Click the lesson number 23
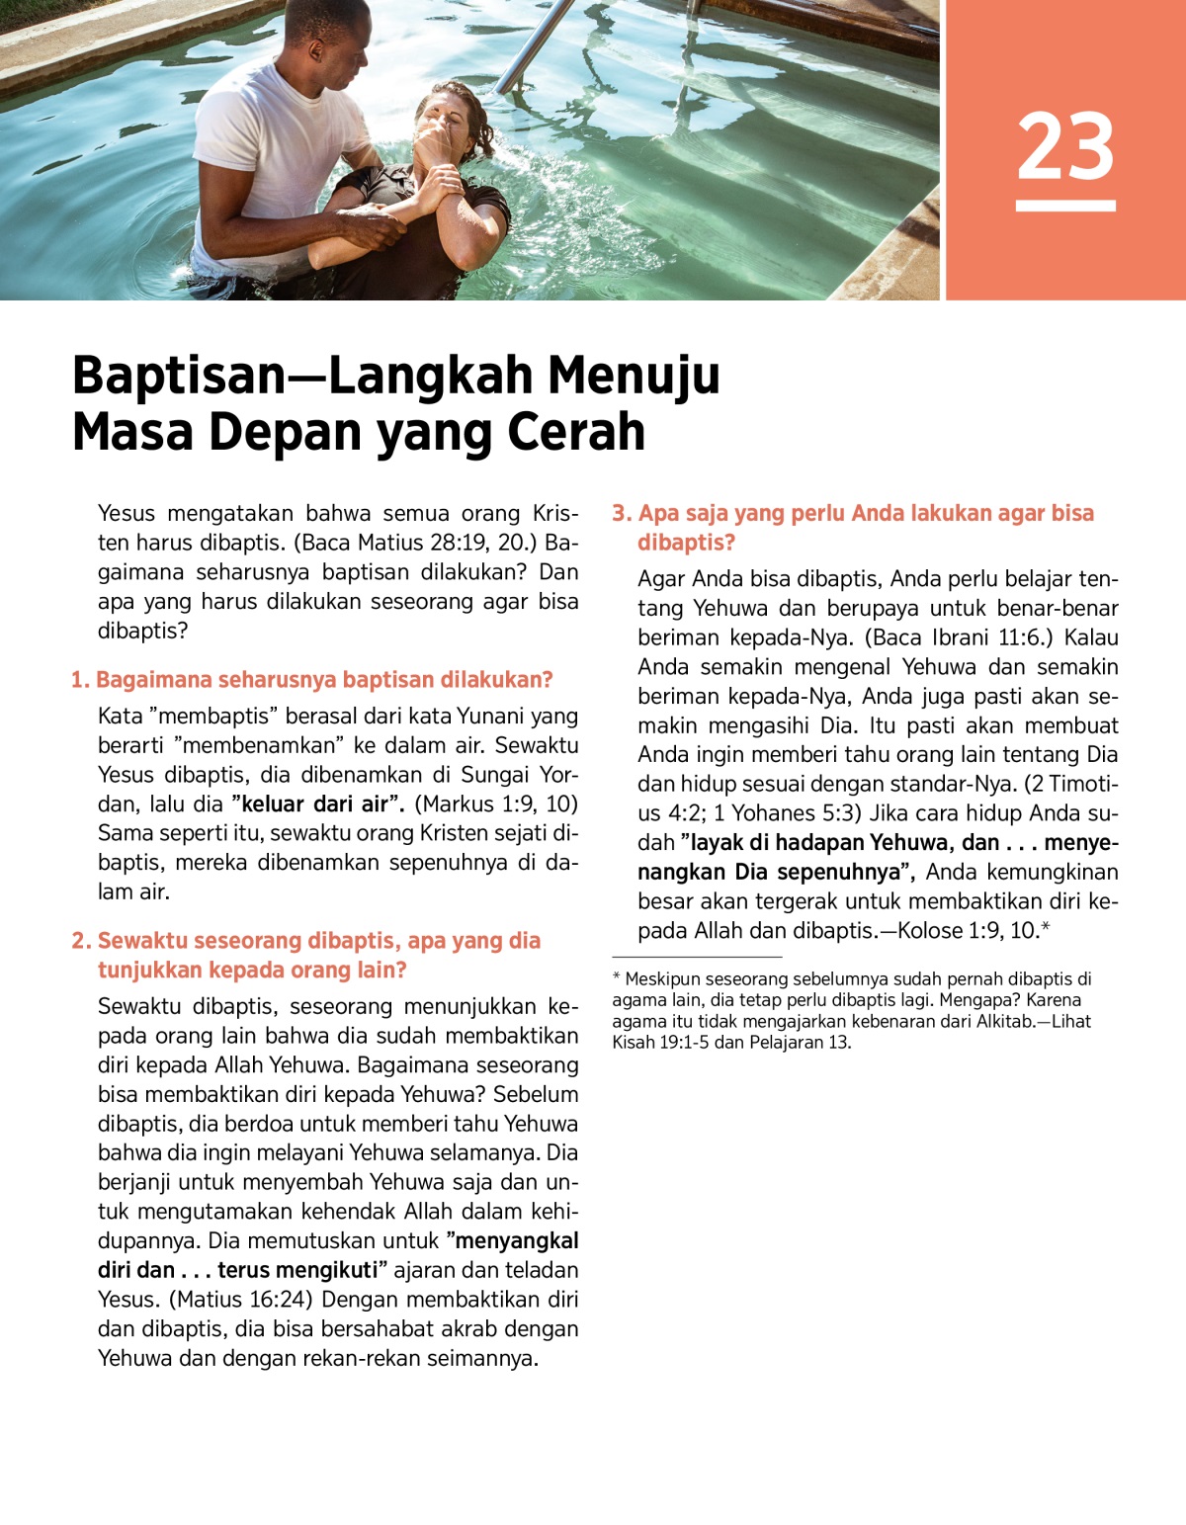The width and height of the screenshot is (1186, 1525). click(1065, 146)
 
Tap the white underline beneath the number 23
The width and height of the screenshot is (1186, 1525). click(1065, 206)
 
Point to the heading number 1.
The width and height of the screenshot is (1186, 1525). click(80, 680)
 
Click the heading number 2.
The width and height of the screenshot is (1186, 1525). click(81, 941)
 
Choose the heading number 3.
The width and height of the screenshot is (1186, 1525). click(622, 513)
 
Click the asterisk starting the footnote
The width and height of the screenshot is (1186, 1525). click(617, 978)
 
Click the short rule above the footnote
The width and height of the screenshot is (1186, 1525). click(697, 957)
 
